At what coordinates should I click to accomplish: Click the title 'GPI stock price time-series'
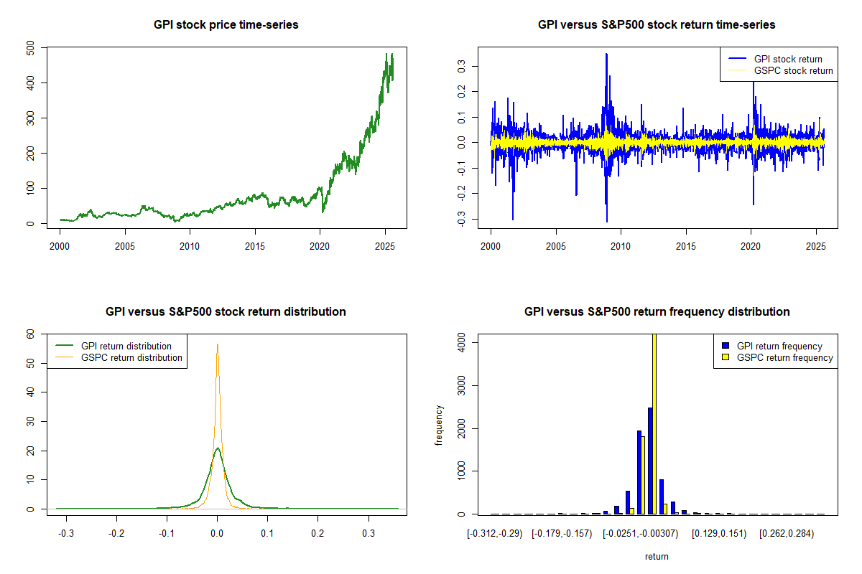[x=226, y=25]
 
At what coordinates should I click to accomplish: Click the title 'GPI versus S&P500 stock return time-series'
[x=657, y=25]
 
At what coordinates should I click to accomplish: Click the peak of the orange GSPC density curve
[x=218, y=344]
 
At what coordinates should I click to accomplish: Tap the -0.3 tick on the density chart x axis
[x=66, y=534]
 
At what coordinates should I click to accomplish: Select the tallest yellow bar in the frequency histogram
[x=654, y=423]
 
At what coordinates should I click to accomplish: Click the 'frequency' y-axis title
[x=440, y=425]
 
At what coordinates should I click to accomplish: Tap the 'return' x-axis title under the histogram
[x=657, y=556]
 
